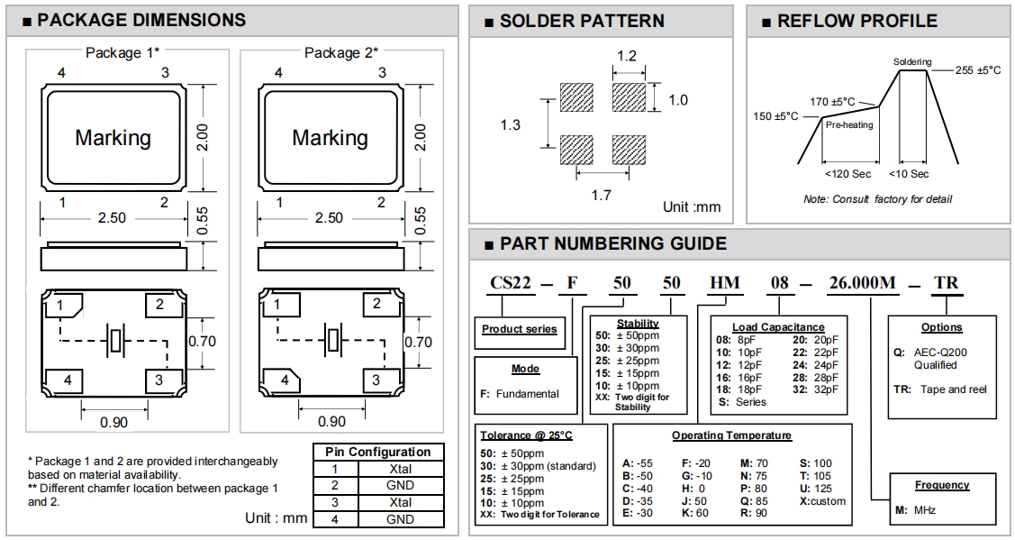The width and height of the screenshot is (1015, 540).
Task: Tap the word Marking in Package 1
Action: point(113,138)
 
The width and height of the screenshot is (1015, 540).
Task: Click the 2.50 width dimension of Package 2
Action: point(331,217)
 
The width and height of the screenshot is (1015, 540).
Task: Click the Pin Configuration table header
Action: point(378,452)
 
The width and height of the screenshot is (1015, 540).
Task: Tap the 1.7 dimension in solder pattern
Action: point(601,195)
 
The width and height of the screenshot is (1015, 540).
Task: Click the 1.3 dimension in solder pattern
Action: point(511,124)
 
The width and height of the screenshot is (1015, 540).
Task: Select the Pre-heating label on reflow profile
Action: point(848,125)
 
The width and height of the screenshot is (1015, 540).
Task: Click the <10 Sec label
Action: point(909,173)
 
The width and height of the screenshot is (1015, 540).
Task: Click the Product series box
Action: point(519,329)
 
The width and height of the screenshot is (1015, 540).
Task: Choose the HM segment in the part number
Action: point(725,282)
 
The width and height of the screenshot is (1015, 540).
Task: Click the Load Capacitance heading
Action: point(779,327)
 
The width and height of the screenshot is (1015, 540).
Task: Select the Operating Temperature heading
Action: point(731,435)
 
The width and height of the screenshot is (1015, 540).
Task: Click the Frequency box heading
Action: point(942,485)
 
